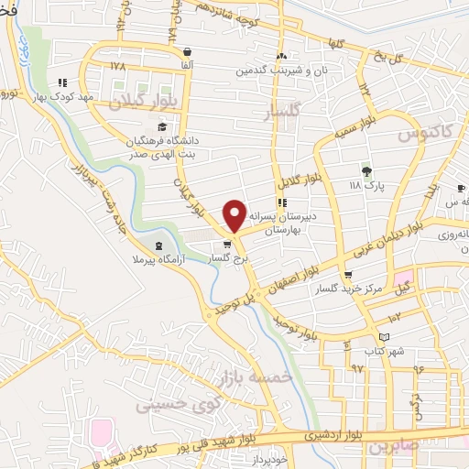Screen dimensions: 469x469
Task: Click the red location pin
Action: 234,214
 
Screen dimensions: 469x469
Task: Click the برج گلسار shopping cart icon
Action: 227,245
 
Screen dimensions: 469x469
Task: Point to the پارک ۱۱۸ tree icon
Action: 366,170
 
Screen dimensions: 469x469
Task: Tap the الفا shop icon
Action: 188,52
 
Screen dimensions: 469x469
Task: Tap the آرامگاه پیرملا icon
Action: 161,245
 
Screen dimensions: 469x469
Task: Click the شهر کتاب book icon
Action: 371,336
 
